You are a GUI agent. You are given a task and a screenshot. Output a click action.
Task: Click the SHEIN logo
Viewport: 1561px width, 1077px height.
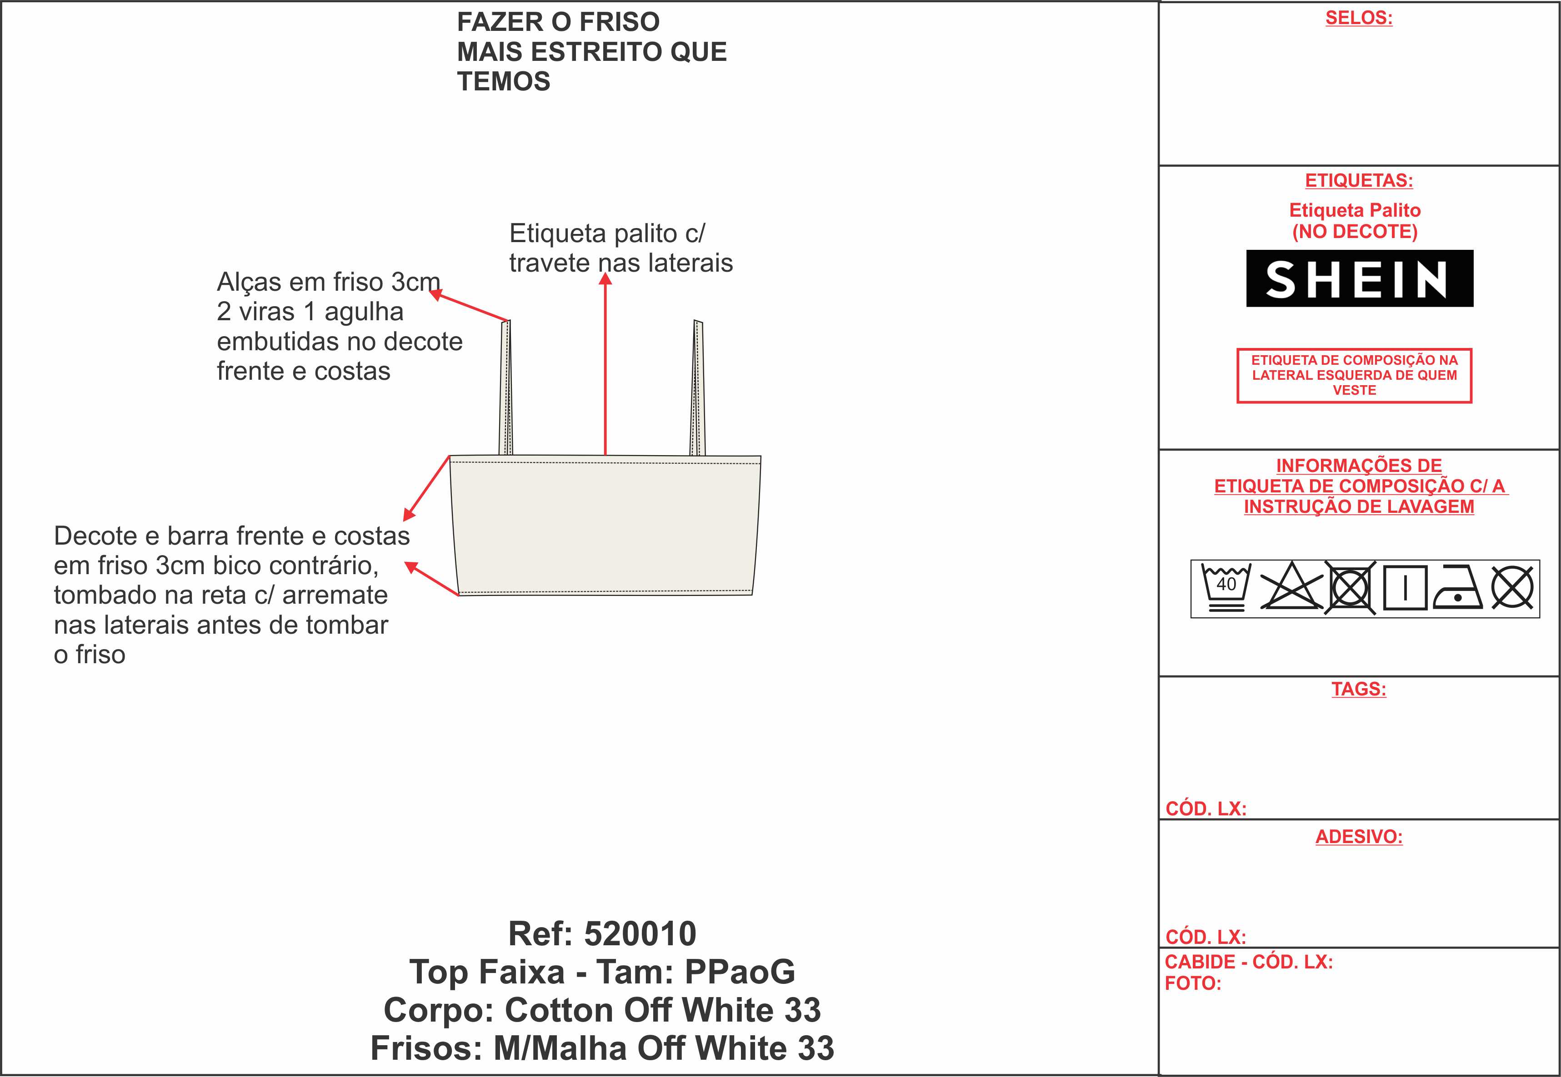(x=1359, y=278)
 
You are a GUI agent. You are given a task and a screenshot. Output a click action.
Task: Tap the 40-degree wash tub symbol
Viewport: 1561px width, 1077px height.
(x=1226, y=587)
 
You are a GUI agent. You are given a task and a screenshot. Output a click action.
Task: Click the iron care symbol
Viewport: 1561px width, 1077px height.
(x=1457, y=587)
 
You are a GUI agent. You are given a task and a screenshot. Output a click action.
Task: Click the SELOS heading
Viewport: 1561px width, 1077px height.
(x=1358, y=18)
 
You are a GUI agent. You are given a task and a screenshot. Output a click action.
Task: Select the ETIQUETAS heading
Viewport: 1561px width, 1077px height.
(x=1358, y=181)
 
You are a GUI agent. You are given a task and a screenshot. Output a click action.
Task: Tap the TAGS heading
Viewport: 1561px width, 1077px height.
(x=1358, y=689)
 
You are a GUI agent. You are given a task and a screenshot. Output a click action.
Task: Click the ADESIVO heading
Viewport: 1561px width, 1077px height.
(x=1358, y=837)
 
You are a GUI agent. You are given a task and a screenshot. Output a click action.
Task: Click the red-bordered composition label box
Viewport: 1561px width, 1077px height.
(x=1355, y=376)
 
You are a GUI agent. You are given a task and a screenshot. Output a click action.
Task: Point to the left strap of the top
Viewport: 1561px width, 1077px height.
(x=505, y=388)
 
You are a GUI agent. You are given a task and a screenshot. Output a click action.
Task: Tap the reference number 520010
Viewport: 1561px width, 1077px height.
(x=640, y=934)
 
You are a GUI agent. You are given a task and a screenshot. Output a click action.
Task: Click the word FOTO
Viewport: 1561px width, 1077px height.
(x=1193, y=984)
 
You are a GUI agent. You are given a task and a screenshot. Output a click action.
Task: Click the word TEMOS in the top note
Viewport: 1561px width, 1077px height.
(x=504, y=82)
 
